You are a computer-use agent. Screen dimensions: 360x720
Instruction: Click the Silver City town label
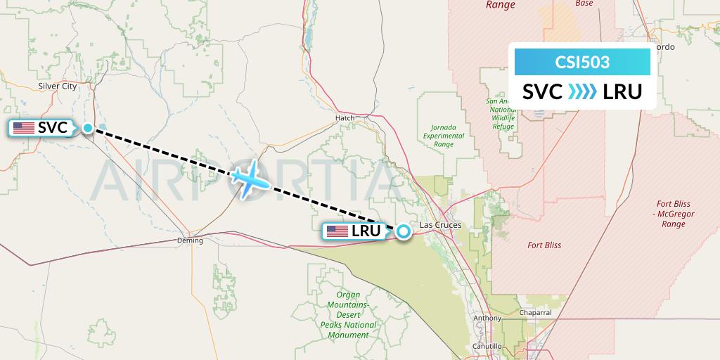(x=58, y=86)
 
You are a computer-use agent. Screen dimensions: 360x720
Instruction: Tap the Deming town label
(x=190, y=240)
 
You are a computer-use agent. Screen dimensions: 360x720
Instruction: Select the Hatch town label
(x=345, y=118)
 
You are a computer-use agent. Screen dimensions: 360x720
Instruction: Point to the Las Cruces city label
(x=440, y=225)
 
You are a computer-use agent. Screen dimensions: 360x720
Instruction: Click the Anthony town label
(x=488, y=318)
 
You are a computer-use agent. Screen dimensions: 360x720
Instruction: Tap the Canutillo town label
(x=487, y=347)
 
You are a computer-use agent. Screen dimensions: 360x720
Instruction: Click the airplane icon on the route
(x=249, y=181)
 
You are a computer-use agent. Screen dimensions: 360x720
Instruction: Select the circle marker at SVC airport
(x=88, y=128)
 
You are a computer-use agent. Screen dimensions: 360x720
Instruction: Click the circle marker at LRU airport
(x=403, y=231)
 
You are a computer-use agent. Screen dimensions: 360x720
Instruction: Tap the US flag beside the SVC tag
(x=24, y=128)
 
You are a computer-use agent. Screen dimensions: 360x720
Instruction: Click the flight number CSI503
(x=582, y=63)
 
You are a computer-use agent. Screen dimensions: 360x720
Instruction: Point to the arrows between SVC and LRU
(x=582, y=91)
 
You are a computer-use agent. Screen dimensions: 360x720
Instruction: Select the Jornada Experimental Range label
(x=443, y=136)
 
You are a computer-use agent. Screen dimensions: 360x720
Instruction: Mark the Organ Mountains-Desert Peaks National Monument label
(x=348, y=315)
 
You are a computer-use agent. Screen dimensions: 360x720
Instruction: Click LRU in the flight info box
(x=622, y=91)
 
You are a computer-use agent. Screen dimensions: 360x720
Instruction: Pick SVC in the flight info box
(x=542, y=91)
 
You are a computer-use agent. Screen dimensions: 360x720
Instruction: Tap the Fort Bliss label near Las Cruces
(x=544, y=245)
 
